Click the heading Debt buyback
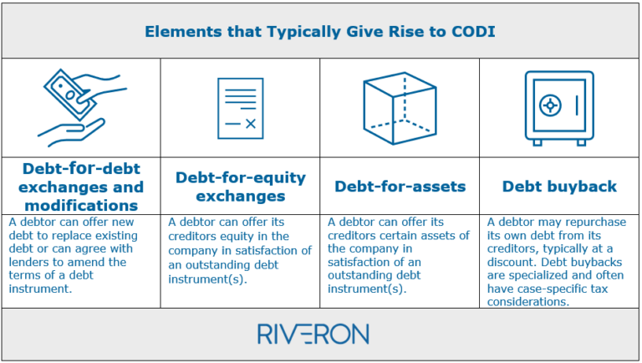[558, 186]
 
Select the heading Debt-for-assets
[400, 186]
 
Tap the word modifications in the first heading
[81, 205]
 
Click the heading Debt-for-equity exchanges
[240, 186]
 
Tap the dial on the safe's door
[550, 105]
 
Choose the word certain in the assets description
[404, 236]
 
